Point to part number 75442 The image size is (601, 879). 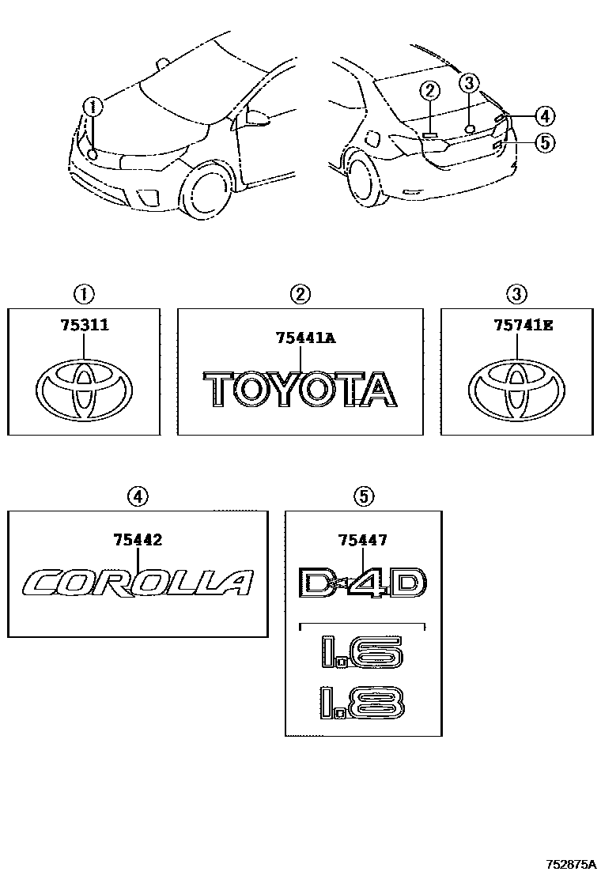coord(138,540)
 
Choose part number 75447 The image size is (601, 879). coord(362,540)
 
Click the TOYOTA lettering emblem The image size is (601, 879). coord(301,390)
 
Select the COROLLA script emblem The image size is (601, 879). coord(138,583)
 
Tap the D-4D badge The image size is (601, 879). coord(363,583)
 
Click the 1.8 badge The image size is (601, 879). coord(362,701)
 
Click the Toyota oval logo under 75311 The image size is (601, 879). coord(85,391)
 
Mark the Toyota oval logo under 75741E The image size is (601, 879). coord(516,391)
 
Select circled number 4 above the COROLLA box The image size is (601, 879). coord(138,496)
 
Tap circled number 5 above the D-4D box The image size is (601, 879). coord(363,496)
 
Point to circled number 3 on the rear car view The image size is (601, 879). coord(469,82)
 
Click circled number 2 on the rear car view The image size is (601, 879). coord(429,90)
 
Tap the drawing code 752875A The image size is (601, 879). coord(569,862)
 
